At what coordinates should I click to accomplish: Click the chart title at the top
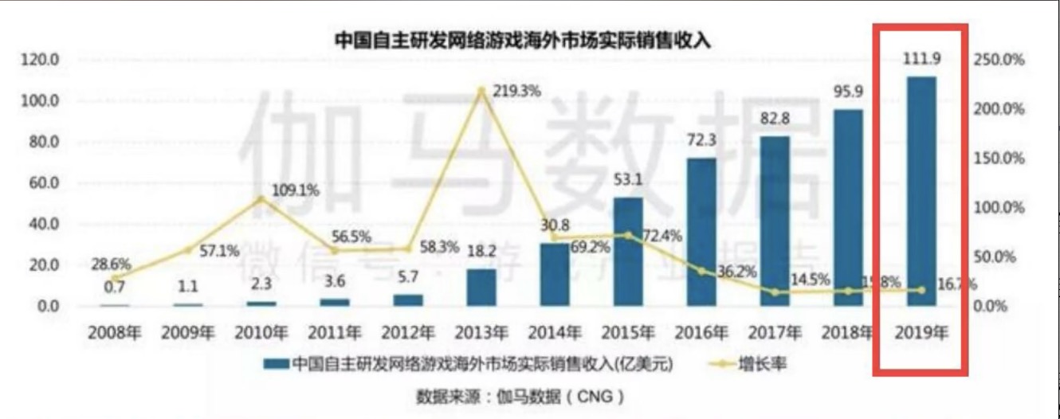tap(521, 40)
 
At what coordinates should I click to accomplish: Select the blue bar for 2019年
tap(921, 191)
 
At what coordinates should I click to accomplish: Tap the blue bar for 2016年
tap(701, 232)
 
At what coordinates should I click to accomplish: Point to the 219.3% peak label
tap(517, 91)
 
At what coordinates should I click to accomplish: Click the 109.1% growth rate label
tap(296, 190)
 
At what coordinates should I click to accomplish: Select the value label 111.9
tap(921, 61)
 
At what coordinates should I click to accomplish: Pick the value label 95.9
tap(848, 92)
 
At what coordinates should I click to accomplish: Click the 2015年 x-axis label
tap(627, 334)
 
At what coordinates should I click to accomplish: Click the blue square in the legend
tap(276, 364)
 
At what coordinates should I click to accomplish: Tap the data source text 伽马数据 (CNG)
tap(519, 396)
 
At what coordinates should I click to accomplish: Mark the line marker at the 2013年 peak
tap(481, 90)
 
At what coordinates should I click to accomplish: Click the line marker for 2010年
tap(261, 198)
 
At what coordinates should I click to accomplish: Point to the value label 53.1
tap(628, 180)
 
